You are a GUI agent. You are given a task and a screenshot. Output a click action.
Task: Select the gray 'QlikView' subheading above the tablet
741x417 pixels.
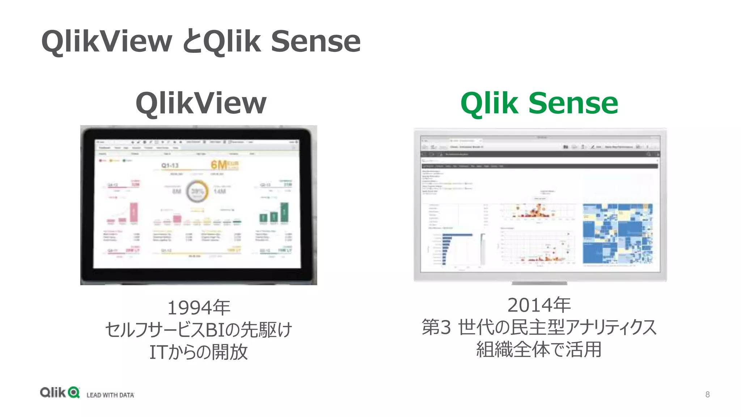point(201,103)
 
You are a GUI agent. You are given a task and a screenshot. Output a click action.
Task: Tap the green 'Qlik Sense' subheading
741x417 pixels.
point(539,103)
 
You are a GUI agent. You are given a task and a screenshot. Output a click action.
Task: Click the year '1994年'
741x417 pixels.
point(199,308)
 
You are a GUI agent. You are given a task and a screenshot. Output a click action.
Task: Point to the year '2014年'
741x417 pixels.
point(539,305)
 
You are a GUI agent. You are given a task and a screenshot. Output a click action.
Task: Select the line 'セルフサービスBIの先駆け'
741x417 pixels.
point(199,330)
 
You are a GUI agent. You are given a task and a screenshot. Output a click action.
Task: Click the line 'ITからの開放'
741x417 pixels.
point(199,352)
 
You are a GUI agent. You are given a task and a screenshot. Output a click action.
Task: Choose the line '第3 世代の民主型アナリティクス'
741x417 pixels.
point(539,327)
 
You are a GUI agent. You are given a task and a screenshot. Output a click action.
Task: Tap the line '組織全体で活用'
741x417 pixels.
point(539,349)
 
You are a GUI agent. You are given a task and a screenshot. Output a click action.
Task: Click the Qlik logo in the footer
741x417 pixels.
point(60,392)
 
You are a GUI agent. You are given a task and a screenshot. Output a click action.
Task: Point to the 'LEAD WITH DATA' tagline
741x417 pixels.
point(110,395)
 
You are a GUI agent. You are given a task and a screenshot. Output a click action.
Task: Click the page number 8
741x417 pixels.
point(707,394)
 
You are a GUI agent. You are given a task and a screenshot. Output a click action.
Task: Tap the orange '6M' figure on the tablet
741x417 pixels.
point(219,165)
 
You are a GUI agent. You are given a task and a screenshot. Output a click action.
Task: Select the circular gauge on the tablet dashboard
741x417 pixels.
point(197,191)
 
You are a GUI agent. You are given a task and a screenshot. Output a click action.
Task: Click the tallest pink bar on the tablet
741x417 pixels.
point(134,212)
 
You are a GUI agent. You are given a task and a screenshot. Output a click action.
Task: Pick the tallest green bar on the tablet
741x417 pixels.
point(284,212)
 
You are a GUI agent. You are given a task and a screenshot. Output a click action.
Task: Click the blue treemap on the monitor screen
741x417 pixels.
point(618,234)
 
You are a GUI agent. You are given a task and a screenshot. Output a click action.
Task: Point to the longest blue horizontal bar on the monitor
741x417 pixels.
point(457,235)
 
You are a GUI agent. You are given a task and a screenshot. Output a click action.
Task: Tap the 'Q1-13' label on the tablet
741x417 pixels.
point(170,165)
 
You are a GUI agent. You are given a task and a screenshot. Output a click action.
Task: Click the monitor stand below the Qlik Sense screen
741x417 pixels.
point(539,283)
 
